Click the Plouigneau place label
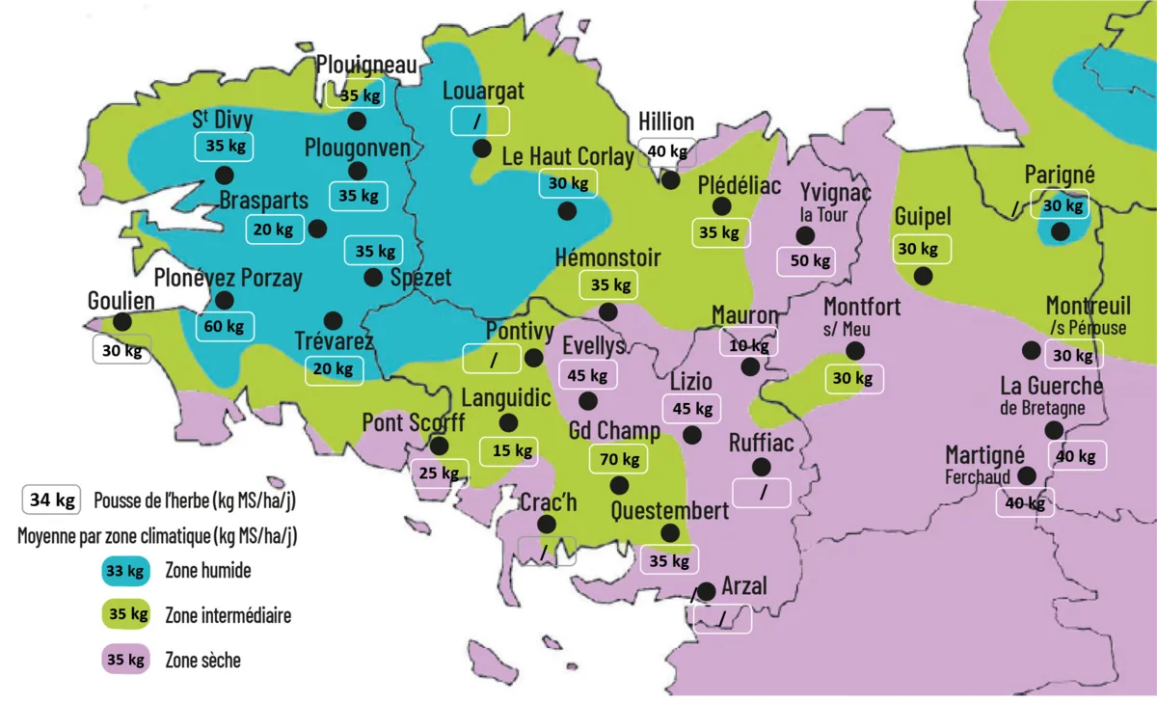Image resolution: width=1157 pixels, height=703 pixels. coord(367,65)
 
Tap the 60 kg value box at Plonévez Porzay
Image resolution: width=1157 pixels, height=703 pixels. coord(224,326)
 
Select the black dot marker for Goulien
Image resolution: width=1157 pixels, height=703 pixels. coord(122,321)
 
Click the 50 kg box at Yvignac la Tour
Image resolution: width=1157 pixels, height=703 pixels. coord(809,260)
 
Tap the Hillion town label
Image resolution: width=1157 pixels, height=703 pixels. coord(666,122)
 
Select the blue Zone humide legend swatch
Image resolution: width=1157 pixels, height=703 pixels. coord(125,571)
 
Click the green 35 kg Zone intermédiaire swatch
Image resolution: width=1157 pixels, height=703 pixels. coord(125,614)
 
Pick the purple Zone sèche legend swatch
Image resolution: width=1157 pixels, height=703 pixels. coord(125,660)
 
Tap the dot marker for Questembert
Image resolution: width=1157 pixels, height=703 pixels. coord(670,532)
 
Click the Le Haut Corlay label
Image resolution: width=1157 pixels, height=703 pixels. coord(568,156)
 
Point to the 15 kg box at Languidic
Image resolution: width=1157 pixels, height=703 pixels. coord(511,449)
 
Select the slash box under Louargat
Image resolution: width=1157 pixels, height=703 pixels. coord(479,121)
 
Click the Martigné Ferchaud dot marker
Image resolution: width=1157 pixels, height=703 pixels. coord(1027,475)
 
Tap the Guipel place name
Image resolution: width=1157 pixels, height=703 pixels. coord(923,216)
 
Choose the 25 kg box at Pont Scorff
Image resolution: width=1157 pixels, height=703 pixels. coord(439,473)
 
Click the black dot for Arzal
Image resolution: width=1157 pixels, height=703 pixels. coord(707,590)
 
